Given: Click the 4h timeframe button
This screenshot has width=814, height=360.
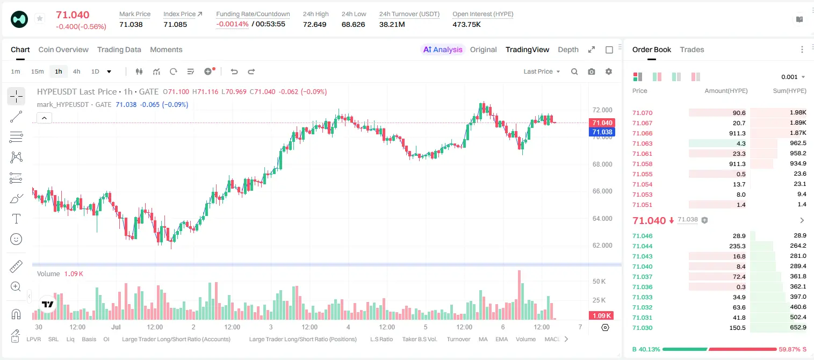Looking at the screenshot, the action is tap(76, 71).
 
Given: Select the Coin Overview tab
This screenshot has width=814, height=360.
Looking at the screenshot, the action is tap(63, 49).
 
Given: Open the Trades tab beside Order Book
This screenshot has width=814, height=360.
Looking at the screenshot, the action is tap(692, 49).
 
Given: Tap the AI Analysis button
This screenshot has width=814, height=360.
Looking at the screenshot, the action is tap(443, 49).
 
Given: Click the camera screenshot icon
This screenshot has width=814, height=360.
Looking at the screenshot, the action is tap(592, 71).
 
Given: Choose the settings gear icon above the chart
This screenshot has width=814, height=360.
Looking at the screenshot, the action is tap(609, 71).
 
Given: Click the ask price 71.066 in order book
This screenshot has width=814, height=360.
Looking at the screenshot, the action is tap(642, 133).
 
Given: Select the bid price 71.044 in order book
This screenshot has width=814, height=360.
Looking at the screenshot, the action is tap(642, 246).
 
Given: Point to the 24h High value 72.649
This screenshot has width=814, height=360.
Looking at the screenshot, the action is tap(315, 24).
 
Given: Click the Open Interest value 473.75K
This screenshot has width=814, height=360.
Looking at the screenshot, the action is tap(466, 24).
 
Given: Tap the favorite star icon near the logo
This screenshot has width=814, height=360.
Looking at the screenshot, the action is tap(40, 18).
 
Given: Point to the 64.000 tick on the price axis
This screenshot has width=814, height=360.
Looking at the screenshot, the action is tap(602, 218).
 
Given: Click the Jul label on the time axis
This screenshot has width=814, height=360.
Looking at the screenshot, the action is tap(116, 327).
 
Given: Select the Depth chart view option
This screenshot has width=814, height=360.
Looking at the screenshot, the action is tap(568, 49).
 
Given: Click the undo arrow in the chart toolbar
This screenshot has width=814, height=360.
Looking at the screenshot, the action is tap(234, 71).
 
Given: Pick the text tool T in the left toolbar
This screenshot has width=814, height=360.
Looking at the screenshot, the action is tap(16, 219).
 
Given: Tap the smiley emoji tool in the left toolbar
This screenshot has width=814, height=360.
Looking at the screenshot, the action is tap(16, 239).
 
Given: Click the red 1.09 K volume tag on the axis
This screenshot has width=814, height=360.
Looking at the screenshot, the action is tap(601, 316).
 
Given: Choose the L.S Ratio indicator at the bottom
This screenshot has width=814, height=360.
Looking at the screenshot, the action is tap(381, 339).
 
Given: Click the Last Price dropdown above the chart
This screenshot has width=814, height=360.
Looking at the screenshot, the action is tap(542, 71).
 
